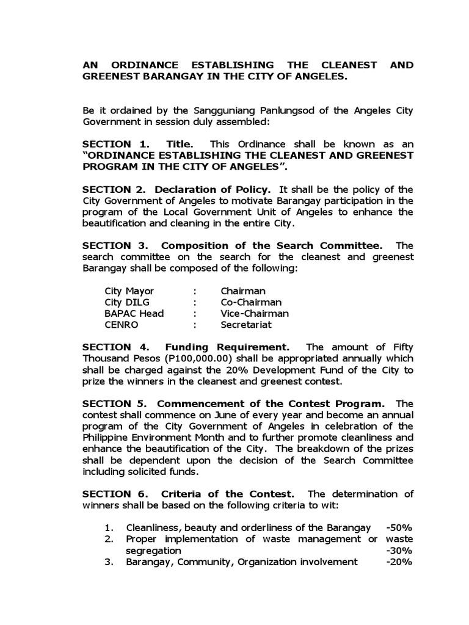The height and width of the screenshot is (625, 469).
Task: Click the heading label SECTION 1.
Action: click(x=116, y=144)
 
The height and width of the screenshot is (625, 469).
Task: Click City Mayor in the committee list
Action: click(x=129, y=291)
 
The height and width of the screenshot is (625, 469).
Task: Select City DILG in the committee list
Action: click(x=127, y=302)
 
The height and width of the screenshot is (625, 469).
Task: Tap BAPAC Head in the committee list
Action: click(x=134, y=313)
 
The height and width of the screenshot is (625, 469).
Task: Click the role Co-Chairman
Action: click(x=251, y=302)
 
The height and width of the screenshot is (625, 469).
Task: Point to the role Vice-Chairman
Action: click(x=255, y=313)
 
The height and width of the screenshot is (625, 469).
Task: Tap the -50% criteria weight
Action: click(x=399, y=527)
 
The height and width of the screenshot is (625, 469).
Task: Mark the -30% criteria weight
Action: click(x=399, y=551)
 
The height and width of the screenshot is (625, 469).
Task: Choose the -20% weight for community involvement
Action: click(x=399, y=562)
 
